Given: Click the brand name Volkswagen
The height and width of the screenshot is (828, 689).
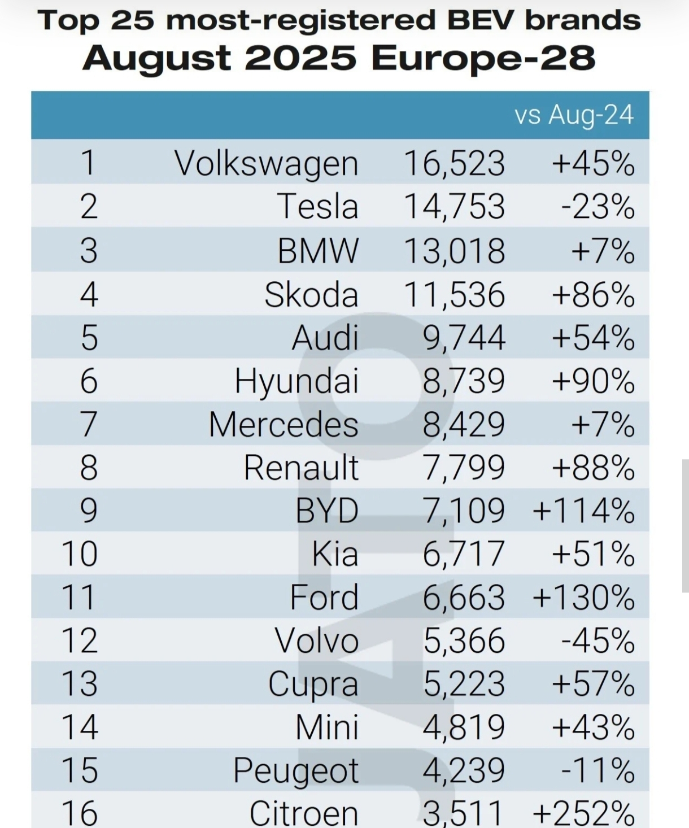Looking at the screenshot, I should pyautogui.click(x=267, y=163).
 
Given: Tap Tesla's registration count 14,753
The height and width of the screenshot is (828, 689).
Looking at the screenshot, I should pyautogui.click(x=454, y=206).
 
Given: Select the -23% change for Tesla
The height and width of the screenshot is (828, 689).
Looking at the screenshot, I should pyautogui.click(x=598, y=206).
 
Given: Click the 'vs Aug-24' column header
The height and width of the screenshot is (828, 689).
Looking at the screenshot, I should pyautogui.click(x=574, y=115).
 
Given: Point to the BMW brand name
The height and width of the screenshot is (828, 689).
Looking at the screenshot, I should pyautogui.click(x=318, y=250).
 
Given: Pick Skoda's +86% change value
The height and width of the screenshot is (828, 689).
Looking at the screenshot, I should pyautogui.click(x=593, y=294).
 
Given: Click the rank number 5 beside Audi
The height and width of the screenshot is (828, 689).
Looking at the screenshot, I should pyautogui.click(x=89, y=338).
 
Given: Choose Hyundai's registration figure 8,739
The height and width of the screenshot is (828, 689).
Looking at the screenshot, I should pyautogui.click(x=464, y=381).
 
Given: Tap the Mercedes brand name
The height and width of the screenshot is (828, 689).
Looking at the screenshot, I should pyautogui.click(x=284, y=424).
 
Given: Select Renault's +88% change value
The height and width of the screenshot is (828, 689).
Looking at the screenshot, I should pyautogui.click(x=593, y=468).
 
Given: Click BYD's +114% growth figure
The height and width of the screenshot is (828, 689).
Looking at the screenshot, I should pyautogui.click(x=583, y=511).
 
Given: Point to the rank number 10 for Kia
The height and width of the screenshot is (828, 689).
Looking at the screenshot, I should pyautogui.click(x=80, y=554).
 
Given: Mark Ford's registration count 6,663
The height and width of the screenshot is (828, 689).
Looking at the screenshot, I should pyautogui.click(x=464, y=597).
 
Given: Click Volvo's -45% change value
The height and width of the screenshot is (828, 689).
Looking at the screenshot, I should pyautogui.click(x=598, y=640).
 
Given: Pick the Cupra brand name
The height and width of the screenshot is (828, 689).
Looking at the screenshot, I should pyautogui.click(x=313, y=684).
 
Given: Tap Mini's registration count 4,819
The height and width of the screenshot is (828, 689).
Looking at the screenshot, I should pyautogui.click(x=464, y=727).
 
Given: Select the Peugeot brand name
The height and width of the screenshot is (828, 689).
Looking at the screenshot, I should pyautogui.click(x=296, y=770).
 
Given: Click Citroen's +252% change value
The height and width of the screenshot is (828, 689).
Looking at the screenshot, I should pyautogui.click(x=583, y=813).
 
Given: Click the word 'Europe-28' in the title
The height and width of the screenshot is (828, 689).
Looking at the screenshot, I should pyautogui.click(x=483, y=58).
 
